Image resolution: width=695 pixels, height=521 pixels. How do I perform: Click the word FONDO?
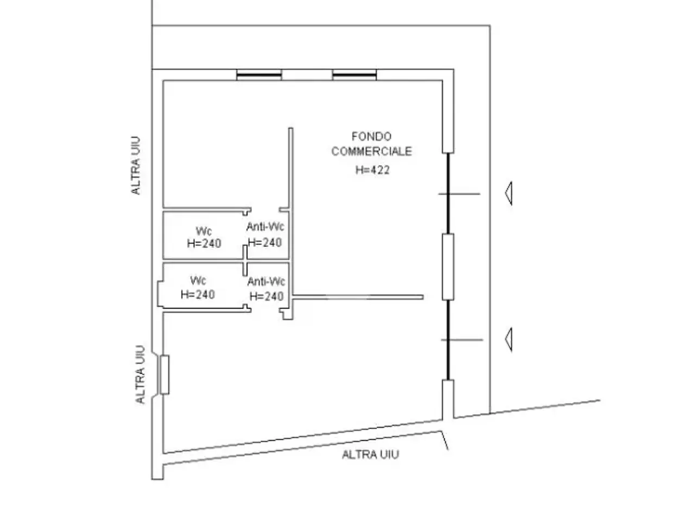[x=371, y=137]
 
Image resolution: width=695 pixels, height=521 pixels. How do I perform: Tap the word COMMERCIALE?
[x=371, y=151]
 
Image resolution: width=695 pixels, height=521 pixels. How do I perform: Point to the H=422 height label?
[x=372, y=170]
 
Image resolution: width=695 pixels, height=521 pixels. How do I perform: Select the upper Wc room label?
[x=204, y=231]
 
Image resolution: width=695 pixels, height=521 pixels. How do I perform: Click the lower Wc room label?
[x=198, y=281]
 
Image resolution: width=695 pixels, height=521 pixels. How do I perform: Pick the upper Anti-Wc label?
[x=265, y=226]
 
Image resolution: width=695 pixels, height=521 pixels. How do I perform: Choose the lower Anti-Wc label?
[x=266, y=281]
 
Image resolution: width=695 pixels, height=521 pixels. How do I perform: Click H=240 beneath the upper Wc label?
[x=204, y=243]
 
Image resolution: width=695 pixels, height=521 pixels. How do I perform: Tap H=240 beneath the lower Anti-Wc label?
[x=266, y=296]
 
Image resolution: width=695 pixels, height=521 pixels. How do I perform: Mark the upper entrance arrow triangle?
[x=509, y=193]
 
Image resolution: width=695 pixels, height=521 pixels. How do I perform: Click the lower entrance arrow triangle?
[x=509, y=339]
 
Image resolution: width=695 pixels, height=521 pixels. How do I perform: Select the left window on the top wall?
[x=259, y=75]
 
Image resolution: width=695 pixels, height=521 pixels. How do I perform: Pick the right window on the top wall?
[x=355, y=75]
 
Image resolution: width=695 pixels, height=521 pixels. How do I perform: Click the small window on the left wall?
[x=165, y=375]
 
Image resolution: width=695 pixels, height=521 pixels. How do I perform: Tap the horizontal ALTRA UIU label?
[x=370, y=455]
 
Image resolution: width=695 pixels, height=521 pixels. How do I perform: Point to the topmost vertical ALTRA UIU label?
[x=136, y=166]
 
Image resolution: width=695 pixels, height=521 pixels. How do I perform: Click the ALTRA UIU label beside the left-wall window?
[x=140, y=374]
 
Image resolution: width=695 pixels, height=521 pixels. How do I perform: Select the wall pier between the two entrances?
[x=448, y=266]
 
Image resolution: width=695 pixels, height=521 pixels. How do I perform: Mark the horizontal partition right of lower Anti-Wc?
[x=358, y=297]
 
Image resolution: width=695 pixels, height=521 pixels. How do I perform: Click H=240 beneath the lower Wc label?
[x=198, y=295]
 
